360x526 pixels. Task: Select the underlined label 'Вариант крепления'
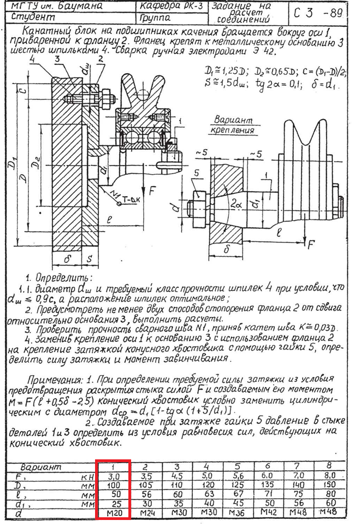click(x=234, y=125)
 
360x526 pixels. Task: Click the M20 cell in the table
click(x=113, y=514)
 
